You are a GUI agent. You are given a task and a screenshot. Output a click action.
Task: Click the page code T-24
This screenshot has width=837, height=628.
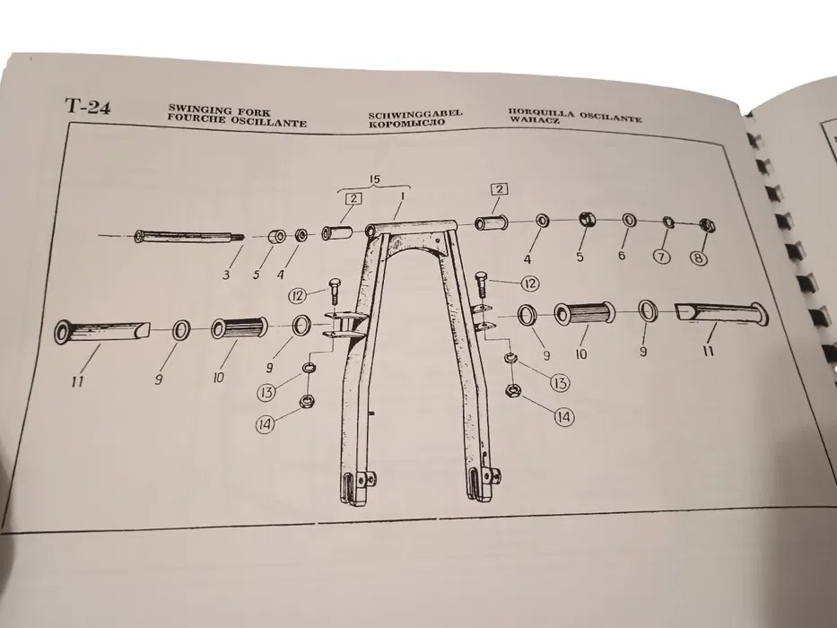pos(88,106)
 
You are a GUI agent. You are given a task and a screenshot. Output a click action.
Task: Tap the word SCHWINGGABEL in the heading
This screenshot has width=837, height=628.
pos(415,114)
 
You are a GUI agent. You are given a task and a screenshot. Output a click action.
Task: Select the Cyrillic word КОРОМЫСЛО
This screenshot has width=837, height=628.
pos(406,123)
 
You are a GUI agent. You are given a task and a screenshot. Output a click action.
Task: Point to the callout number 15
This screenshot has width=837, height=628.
pos(375,179)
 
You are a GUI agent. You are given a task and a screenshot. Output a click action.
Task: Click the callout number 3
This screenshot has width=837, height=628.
pos(226,275)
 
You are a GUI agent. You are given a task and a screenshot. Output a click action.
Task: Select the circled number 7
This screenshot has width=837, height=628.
pos(662,257)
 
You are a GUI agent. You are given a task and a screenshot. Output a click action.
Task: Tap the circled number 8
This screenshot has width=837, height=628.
pos(699,259)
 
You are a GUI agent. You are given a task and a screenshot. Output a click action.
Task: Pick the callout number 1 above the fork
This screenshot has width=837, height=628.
pos(402,196)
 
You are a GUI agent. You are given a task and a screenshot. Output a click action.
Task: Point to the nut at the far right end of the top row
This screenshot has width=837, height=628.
pos(707,225)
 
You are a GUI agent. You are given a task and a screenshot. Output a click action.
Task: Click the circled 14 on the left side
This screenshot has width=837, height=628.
pos(266,424)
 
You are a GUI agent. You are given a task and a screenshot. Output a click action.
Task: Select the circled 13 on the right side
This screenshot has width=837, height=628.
pos(560,382)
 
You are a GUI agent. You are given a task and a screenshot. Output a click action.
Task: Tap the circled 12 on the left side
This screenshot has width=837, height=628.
pos(299,295)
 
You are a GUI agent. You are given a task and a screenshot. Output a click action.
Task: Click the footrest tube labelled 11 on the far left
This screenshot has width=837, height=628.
pos(102,331)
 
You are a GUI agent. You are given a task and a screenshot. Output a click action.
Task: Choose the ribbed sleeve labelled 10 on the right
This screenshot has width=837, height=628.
pos(584,313)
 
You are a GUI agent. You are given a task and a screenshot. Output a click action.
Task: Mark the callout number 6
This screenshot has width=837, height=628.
pos(622,256)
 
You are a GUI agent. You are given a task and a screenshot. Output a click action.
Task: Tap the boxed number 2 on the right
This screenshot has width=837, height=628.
pos(499,189)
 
